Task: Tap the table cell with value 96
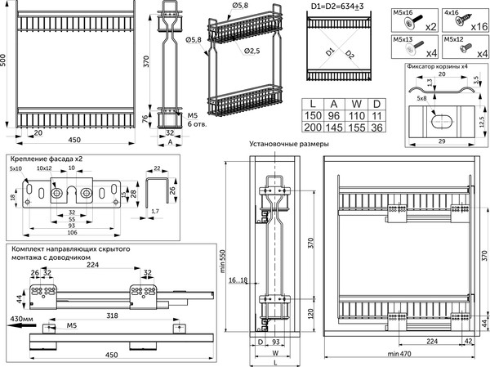click(333, 115)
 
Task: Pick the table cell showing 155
click(354, 128)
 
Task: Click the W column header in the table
click(354, 103)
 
